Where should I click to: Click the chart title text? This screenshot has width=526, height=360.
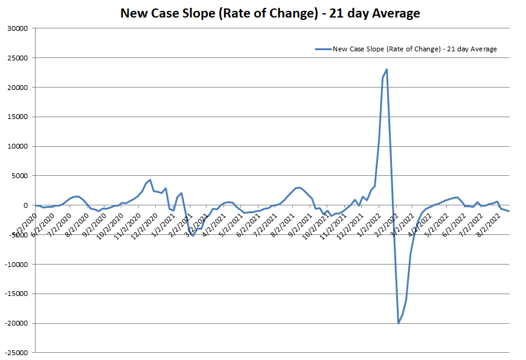pos(270,13)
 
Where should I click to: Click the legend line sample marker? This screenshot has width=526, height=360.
pos(323,49)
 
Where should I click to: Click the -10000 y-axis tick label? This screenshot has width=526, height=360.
pos(16,265)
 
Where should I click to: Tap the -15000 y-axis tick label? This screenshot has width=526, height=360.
pos(16,294)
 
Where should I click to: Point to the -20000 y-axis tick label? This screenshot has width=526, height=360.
pos(16,324)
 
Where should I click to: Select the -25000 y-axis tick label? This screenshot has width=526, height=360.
pos(16,353)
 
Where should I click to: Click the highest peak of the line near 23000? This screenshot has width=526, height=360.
pos(386,69)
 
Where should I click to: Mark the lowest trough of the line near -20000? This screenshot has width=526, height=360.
pos(399,323)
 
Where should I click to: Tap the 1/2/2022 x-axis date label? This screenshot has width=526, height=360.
pos(369,221)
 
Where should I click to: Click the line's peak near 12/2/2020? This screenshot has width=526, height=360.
pos(150,179)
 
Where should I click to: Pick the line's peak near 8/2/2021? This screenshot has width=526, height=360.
pos(300,187)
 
